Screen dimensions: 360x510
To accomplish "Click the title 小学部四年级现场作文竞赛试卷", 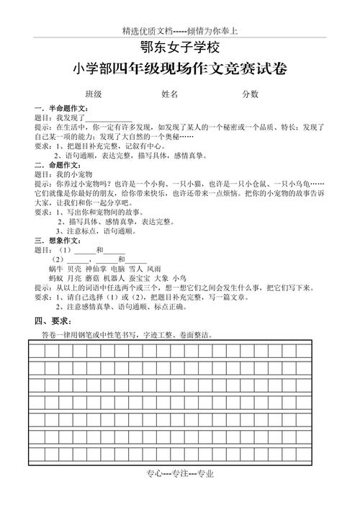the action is click(180, 70).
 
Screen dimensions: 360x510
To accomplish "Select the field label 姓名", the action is click(170, 94).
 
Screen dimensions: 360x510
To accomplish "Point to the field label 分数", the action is click(250, 94).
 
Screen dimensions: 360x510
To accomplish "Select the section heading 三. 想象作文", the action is click(58, 241).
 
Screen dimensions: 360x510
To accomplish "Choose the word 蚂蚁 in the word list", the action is click(57, 277).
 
